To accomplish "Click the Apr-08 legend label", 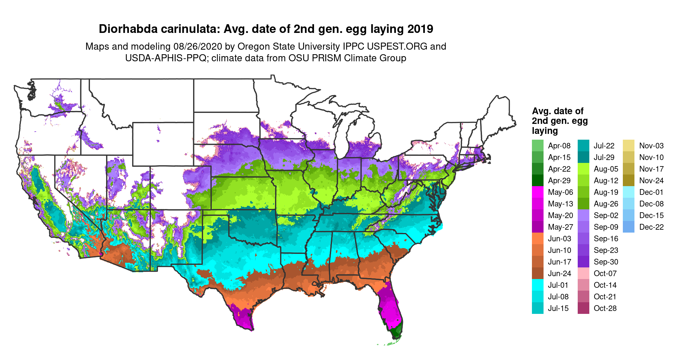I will tap(559, 146).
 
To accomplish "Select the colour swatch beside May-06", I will tap(537, 192).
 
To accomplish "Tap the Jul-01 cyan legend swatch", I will tap(537, 285).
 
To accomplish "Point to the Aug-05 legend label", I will tap(606, 169).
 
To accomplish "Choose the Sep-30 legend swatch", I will tap(583, 262).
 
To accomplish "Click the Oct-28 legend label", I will tap(605, 308).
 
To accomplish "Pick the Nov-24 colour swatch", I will tap(629, 181).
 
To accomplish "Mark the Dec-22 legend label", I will tap(651, 227).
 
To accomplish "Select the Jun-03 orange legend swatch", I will tap(537, 239).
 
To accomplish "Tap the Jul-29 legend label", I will tap(604, 157).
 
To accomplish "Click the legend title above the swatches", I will tap(560, 121).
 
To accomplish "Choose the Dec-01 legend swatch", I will tap(629, 192).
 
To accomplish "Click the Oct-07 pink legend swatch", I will tap(583, 274).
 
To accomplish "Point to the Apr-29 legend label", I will tap(559, 181).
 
